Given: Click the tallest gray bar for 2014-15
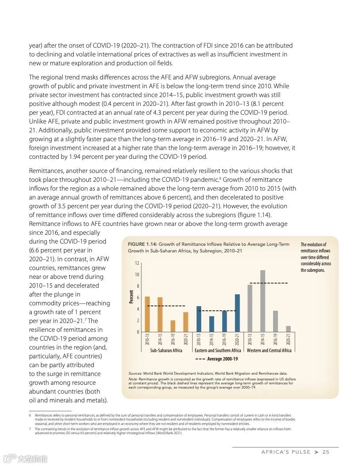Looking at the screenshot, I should [x=262, y=301].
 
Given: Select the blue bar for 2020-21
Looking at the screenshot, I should [x=237, y=313].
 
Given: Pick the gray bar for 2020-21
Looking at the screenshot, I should [x=288, y=329].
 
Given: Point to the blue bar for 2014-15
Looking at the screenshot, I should [x=212, y=324].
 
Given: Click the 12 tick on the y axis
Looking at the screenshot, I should [x=137, y=263].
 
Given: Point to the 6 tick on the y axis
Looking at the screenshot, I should [x=138, y=298].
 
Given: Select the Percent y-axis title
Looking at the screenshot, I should [x=131, y=297].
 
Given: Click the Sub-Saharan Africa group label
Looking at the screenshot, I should [x=166, y=350].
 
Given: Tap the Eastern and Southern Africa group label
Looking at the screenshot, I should [x=218, y=350].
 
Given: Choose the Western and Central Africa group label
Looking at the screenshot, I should [x=269, y=350].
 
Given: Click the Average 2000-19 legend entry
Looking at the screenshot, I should [x=216, y=359].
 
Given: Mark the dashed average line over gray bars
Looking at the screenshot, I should [x=269, y=283].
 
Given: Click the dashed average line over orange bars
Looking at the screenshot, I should [x=166, y=306].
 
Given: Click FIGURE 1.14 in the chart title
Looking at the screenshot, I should [x=142, y=244].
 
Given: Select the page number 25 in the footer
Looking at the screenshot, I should [x=326, y=452].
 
